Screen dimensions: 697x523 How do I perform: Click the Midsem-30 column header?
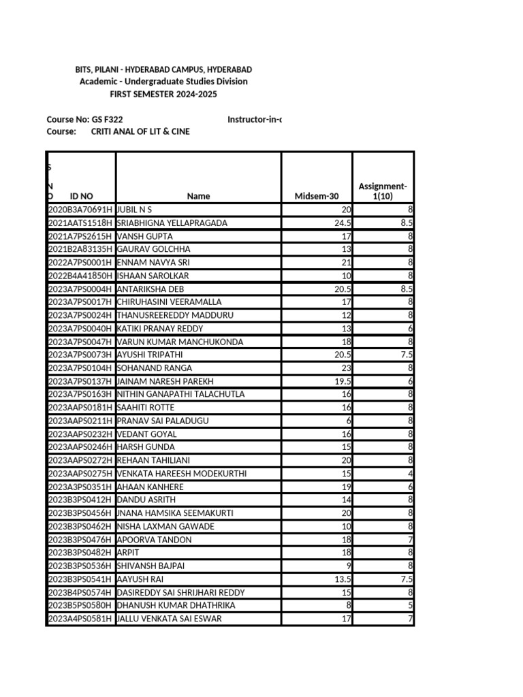(x=317, y=196)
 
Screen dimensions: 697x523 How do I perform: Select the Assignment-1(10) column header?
(x=383, y=191)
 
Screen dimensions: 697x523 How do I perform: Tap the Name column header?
(x=198, y=196)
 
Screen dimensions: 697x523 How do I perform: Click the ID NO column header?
(x=81, y=196)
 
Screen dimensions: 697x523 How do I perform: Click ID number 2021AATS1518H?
(x=80, y=223)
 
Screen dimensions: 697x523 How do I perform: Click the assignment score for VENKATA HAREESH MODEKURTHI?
(x=411, y=474)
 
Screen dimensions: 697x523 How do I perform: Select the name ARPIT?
(x=127, y=553)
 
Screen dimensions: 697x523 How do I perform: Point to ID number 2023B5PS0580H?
(x=80, y=605)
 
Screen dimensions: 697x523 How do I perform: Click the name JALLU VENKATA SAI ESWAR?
(x=169, y=619)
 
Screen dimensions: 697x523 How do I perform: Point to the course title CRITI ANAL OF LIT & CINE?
(x=140, y=131)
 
